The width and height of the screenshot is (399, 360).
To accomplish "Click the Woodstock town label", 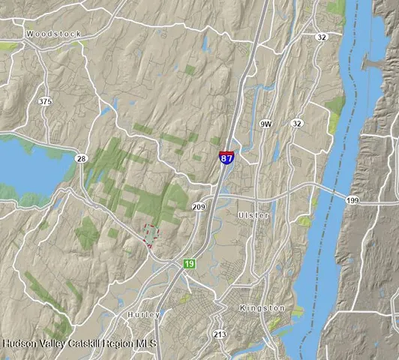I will coord(52,34).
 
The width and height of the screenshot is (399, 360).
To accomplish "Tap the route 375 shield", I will coord(46,100).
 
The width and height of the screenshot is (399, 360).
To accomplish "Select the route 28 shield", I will coord(81,158).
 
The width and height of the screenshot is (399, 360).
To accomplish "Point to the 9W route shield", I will coord(265,123).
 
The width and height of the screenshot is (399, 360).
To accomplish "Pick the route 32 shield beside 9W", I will coord(297,123).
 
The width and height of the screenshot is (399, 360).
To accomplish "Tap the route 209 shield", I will coord(199,206).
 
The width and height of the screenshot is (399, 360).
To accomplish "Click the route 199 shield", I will coord(352,200).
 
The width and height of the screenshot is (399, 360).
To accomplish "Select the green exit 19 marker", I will coord(190,264).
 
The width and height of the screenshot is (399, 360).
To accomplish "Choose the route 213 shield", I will coord(220,334).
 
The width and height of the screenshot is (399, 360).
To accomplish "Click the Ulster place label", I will coord(253,215).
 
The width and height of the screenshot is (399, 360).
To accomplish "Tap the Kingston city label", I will coord(262,308).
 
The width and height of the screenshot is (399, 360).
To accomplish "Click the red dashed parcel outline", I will coord(150,235).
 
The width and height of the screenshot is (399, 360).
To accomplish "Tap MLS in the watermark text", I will coord(145,343).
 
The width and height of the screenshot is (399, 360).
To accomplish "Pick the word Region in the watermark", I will coord(118,343).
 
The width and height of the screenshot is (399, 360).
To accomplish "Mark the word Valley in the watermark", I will coord(52,343).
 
